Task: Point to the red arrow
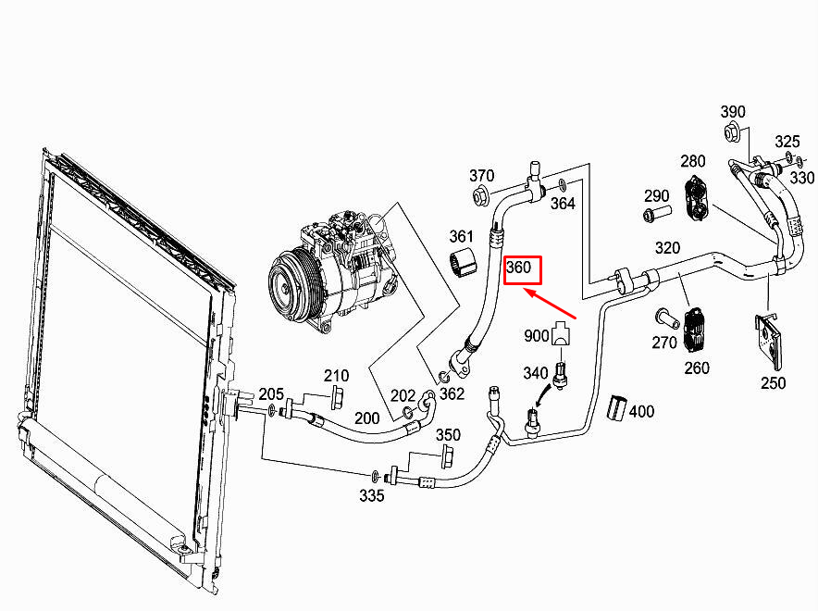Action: [552, 305]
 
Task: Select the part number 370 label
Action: [482, 176]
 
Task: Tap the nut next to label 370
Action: [481, 196]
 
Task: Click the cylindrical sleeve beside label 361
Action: [463, 263]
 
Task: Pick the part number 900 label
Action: [537, 334]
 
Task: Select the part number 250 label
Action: [773, 382]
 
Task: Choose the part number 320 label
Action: [667, 247]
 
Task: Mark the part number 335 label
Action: [372, 496]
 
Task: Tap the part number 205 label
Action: [271, 394]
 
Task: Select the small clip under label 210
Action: [336, 397]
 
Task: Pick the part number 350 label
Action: [448, 435]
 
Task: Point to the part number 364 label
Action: [564, 202]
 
